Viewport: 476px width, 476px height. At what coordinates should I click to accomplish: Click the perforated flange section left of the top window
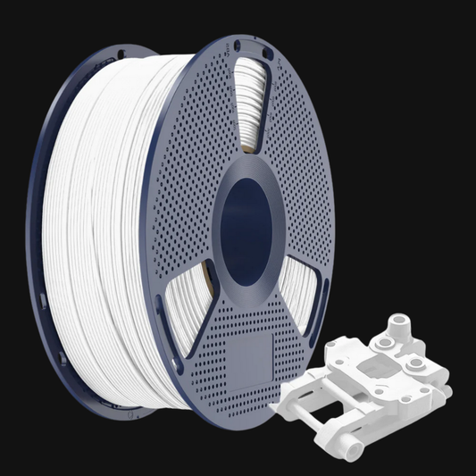pyautogui.click(x=201, y=134)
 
